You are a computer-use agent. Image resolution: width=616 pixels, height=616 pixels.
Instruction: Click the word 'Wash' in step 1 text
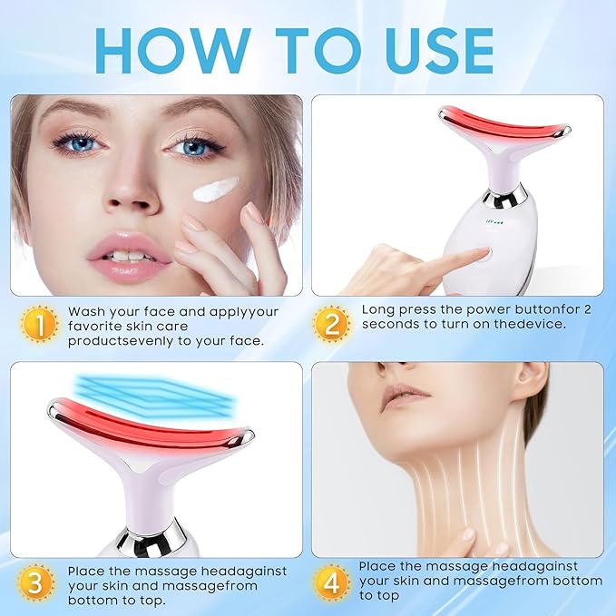[87, 310]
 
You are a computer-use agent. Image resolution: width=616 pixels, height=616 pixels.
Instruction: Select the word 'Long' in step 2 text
[379, 309]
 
